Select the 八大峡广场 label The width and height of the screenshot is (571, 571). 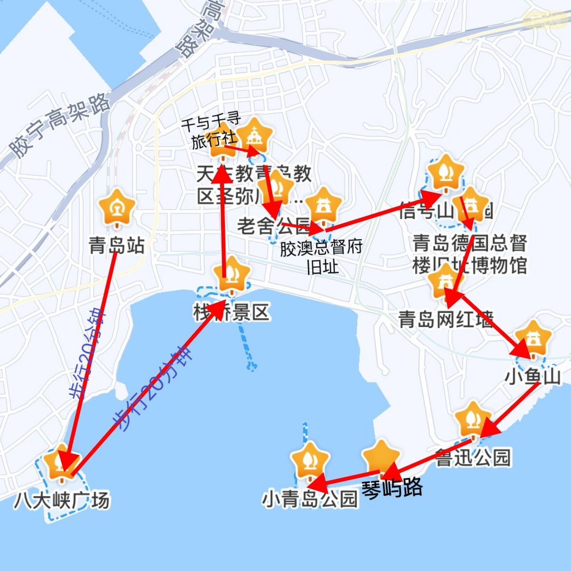[62, 500]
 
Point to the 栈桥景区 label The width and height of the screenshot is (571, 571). [232, 313]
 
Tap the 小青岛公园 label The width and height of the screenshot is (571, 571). [310, 499]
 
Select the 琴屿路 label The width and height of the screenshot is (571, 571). [392, 488]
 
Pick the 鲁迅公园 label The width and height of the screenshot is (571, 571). [472, 458]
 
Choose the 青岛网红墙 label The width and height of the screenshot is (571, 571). [446, 319]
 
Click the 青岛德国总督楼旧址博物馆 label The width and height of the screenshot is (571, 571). [469, 255]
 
